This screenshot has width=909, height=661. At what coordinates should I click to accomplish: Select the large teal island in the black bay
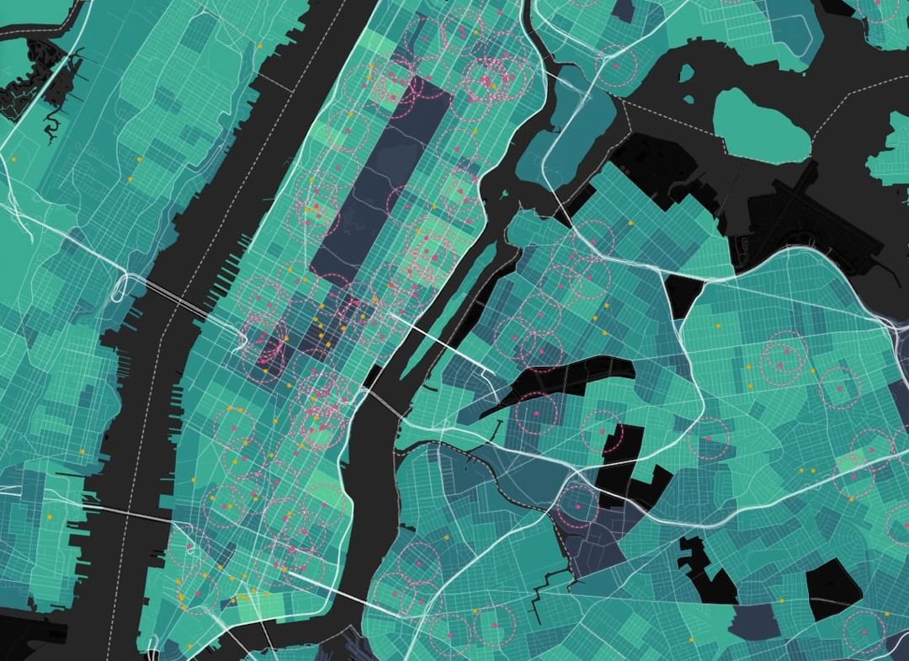[763, 127]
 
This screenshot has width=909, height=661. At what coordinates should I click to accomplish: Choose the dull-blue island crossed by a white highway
[581, 126]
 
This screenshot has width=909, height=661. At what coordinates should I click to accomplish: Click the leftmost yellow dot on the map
[13, 159]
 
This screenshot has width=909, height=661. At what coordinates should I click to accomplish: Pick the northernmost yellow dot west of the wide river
[260, 44]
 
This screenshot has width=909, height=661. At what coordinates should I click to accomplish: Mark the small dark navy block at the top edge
[624, 9]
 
